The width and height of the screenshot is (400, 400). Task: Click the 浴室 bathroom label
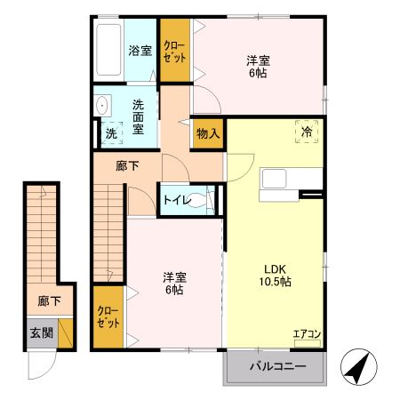[x=140, y=51]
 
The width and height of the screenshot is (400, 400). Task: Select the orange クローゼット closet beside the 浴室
[x=174, y=51]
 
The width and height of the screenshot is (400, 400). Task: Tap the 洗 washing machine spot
[x=110, y=133]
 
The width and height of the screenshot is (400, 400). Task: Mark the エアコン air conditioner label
[x=308, y=334]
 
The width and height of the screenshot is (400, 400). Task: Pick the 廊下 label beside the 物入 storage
[x=128, y=164]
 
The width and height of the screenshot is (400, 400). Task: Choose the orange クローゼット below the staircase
[x=109, y=316]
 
